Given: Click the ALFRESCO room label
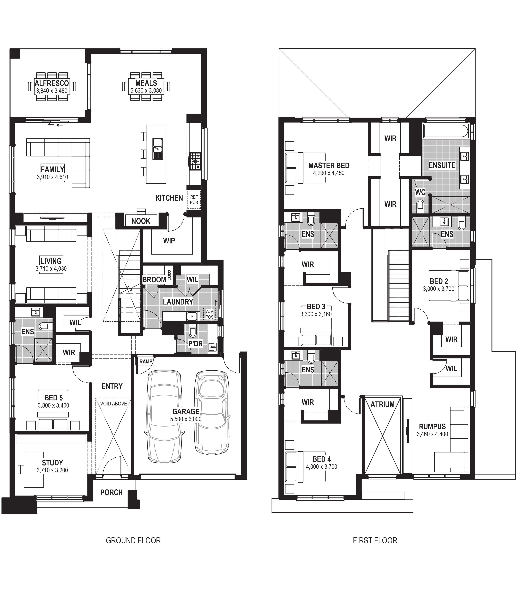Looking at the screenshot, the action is point(52,83).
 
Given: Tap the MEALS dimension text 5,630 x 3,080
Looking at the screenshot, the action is point(146,91).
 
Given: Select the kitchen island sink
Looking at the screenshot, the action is point(158,149).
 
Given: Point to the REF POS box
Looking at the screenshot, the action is point(194,200).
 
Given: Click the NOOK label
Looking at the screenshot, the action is point(141,221).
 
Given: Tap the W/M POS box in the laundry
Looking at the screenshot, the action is point(209,314).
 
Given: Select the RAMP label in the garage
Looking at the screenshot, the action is point(146,362).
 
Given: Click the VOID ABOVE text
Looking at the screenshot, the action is point(114,404).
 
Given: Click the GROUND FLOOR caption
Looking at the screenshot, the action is point(133,540).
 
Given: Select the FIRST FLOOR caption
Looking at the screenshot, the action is point(375,540).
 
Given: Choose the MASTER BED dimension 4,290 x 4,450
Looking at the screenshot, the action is point(329,173).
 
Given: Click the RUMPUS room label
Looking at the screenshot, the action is point(432,427).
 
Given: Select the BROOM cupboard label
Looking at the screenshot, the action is point(154,280).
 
